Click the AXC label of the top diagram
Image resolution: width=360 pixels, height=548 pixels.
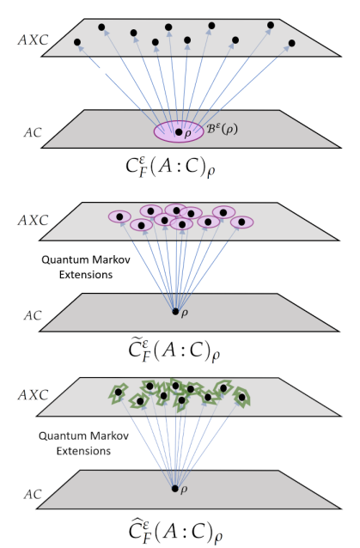(x=34, y=40)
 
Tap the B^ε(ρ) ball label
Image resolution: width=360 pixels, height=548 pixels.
(x=223, y=129)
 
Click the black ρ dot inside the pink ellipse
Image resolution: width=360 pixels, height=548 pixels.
(x=179, y=132)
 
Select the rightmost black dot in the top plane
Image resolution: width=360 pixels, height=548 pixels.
(x=292, y=43)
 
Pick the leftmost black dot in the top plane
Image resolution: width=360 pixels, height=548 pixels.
(x=77, y=42)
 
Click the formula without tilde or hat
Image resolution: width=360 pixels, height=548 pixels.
(x=171, y=167)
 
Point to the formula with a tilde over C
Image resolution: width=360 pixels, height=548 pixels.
(x=174, y=350)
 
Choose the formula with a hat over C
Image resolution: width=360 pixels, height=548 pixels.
(x=175, y=531)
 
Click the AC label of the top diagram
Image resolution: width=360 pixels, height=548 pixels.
(x=33, y=132)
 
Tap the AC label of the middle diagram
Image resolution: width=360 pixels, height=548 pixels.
(x=33, y=315)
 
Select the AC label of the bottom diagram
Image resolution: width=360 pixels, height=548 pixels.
(x=33, y=495)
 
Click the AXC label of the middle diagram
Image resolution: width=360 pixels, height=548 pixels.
(x=34, y=221)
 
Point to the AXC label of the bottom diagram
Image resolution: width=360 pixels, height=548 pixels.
(x=34, y=395)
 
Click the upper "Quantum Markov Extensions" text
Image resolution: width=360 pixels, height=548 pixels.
(x=86, y=267)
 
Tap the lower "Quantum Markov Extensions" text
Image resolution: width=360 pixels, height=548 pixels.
(x=83, y=443)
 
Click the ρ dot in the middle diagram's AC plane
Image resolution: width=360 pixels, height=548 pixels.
(x=175, y=312)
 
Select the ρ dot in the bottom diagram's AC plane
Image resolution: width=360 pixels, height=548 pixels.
(x=175, y=489)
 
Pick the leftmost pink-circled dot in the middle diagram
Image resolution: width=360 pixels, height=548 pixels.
(x=119, y=216)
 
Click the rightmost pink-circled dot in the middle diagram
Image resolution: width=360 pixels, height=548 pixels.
(x=241, y=222)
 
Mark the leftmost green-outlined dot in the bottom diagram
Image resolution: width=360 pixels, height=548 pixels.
(x=119, y=393)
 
